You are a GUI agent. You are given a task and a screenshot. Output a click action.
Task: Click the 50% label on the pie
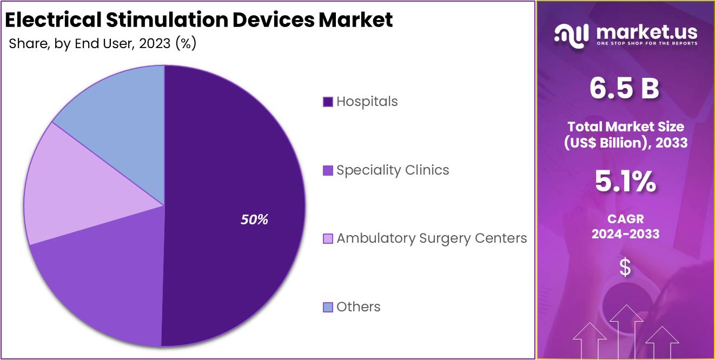click(254, 219)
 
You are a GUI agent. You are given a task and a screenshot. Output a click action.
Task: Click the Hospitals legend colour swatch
click(328, 102)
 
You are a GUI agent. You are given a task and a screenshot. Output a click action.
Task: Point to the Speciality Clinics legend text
click(393, 170)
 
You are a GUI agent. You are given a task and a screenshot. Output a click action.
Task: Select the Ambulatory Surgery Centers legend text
click(432, 238)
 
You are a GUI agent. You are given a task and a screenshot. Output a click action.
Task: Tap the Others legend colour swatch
click(328, 307)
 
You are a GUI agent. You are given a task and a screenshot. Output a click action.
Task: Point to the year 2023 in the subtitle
click(155, 44)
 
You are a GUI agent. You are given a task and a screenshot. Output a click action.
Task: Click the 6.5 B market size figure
click(625, 89)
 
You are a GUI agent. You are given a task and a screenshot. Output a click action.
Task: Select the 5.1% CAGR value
click(625, 182)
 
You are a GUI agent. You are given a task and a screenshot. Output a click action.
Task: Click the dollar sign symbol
click(625, 267)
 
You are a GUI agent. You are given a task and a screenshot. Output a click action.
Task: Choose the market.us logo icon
click(571, 36)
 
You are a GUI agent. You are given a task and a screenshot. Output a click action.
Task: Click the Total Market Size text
click(625, 127)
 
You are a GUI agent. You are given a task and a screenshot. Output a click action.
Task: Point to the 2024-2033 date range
click(625, 234)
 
